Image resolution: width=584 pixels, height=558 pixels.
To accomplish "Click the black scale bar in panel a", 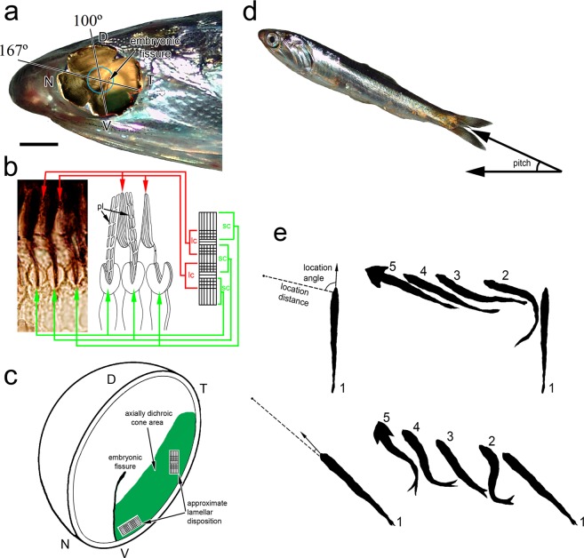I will (x=42, y=142).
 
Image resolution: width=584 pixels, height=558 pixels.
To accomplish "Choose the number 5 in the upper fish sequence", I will (x=389, y=267).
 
